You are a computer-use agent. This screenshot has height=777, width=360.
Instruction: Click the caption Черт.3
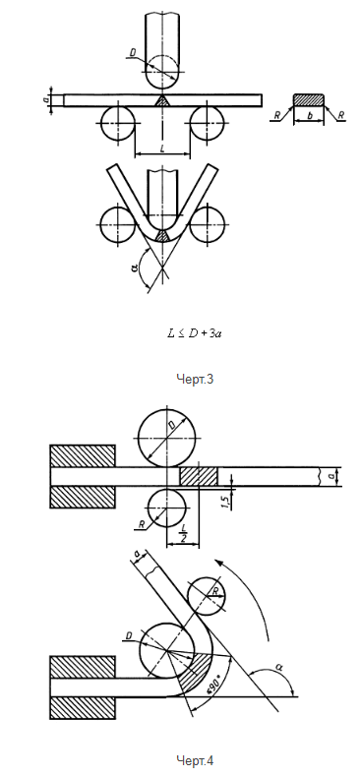coord(195,379)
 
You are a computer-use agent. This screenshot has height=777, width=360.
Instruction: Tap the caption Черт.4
coord(195,760)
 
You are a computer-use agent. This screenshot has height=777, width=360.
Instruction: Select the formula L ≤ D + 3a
coord(194,333)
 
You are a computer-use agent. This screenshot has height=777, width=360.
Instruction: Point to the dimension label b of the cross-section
coord(309,115)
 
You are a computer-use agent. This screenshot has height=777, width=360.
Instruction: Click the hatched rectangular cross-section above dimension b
coord(309,99)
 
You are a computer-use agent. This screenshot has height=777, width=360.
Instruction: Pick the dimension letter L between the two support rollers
coord(162,149)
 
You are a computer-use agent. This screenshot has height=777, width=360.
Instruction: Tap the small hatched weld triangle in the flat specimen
coord(162,100)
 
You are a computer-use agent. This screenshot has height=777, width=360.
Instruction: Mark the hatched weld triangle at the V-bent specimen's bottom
coord(162,235)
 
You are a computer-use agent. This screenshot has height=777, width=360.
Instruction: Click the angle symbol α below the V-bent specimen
coord(133,268)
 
